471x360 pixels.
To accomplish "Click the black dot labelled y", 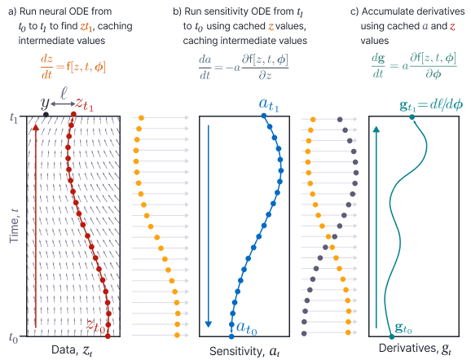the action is click(x=46, y=114).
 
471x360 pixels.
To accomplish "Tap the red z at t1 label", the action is click(x=84, y=104).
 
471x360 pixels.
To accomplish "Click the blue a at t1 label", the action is click(x=269, y=105).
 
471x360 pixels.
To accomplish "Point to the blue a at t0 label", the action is click(x=247, y=328).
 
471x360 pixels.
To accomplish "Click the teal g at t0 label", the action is click(x=403, y=327).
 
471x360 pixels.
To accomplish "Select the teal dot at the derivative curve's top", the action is click(x=412, y=117).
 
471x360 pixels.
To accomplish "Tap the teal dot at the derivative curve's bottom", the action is click(x=392, y=336).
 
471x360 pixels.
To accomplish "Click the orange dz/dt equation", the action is click(x=73, y=67).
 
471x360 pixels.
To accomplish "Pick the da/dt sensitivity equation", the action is click(x=244, y=67).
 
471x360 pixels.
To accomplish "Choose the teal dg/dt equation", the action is click(x=414, y=66).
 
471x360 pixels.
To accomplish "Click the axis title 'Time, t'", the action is click(x=14, y=226).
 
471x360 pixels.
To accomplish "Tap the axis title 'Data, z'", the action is click(x=72, y=350).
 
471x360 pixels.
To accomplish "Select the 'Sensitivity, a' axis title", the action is click(x=244, y=351).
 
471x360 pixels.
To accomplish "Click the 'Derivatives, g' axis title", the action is click(x=415, y=349).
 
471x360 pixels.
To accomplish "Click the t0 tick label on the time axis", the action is click(x=13, y=337).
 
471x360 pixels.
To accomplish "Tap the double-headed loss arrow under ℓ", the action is click(x=63, y=104).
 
